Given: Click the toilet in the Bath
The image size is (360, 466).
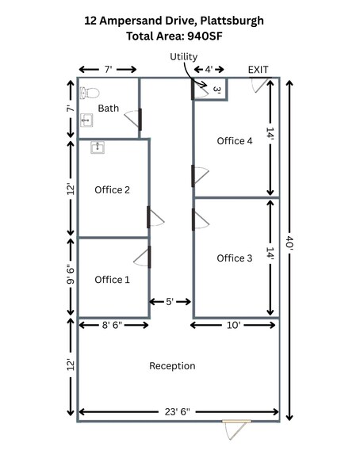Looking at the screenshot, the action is [x=90, y=93].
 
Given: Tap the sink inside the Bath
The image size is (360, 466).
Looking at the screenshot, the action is [x=86, y=120].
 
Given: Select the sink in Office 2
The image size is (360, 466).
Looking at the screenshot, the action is [x=98, y=147].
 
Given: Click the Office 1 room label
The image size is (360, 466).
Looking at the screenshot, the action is [x=112, y=280].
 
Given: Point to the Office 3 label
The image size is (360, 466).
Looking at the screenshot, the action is [x=234, y=258].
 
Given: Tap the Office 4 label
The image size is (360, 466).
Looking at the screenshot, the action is [x=235, y=141].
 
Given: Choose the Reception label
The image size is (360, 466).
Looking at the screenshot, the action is [x=172, y=366].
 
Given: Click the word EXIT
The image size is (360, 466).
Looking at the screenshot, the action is [x=258, y=70].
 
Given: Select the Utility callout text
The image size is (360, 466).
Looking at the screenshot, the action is [x=183, y=57].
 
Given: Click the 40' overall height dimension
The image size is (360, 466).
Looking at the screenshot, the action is [x=289, y=243].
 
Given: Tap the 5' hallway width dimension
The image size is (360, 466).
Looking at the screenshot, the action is [x=170, y=302].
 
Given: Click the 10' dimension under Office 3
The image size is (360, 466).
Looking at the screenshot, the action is [x=233, y=325].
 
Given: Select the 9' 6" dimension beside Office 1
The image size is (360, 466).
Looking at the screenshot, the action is [x=71, y=274].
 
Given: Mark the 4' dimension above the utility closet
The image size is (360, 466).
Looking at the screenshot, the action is [x=209, y=70].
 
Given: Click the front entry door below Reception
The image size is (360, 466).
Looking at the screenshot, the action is [x=236, y=430].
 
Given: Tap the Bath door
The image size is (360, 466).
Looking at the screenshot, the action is [x=133, y=120].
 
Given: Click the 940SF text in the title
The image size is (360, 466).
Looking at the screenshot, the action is [x=205, y=36].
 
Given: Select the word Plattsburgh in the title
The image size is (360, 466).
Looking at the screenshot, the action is [x=232, y=21].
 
